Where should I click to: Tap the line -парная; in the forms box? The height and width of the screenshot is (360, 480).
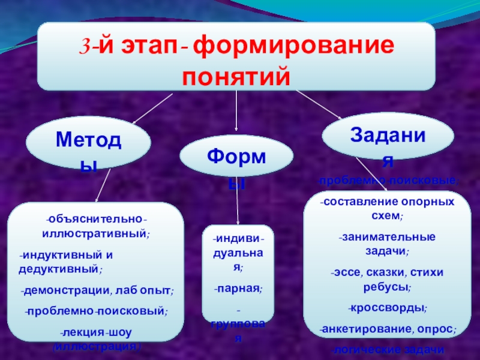coord(238,288)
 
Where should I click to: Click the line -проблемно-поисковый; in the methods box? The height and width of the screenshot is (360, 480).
coord(97,311)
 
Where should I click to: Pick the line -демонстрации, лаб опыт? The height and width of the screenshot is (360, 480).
coord(97,292)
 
